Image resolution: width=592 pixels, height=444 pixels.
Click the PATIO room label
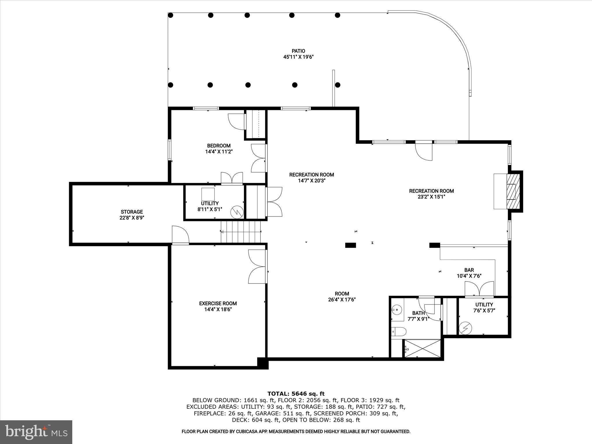point(298,51)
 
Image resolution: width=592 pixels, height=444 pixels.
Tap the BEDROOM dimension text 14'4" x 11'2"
point(219,151)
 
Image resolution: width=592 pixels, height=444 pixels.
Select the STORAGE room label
point(132,212)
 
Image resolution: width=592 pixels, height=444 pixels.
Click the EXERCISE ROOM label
point(218,304)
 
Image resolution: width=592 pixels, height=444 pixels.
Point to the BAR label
point(469,270)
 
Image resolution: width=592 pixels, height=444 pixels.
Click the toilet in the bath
point(399,331)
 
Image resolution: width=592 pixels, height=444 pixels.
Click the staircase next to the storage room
point(241,232)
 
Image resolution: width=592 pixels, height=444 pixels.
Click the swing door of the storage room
point(180,236)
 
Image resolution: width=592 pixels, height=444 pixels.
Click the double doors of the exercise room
point(257,267)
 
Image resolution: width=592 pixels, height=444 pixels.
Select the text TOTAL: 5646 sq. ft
point(296,394)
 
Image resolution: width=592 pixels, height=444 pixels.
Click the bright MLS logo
point(36,432)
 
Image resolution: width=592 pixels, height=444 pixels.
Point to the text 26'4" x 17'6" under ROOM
point(342,300)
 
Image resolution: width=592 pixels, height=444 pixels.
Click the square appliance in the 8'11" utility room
point(208,194)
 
